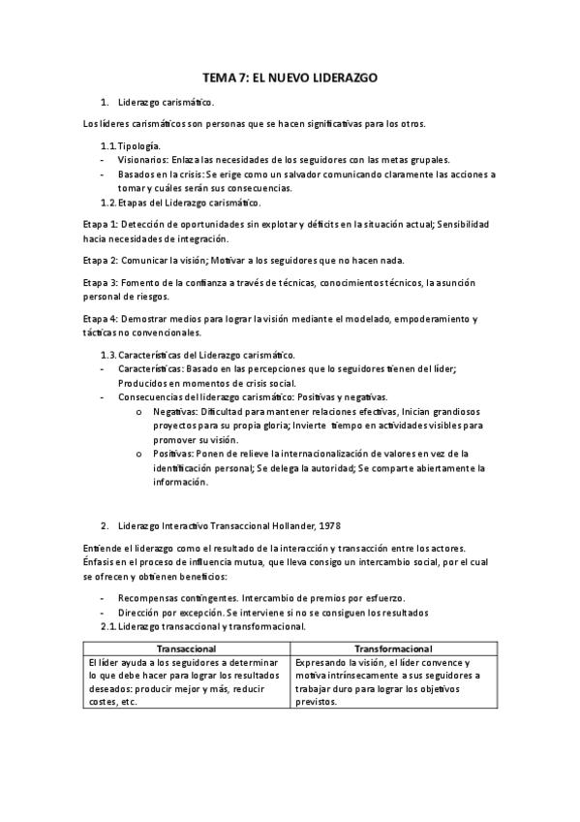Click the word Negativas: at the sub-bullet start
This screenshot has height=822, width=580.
click(x=175, y=411)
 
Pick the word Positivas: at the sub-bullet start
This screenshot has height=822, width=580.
click(x=172, y=453)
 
